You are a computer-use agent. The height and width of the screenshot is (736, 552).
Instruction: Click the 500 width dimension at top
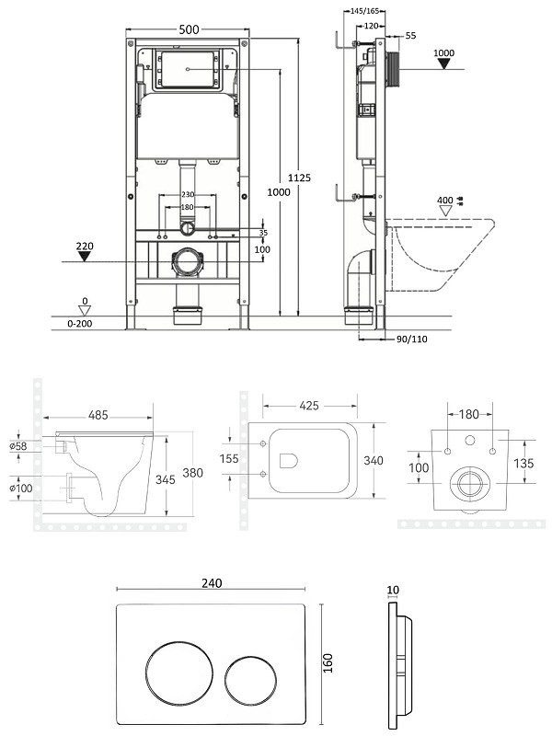[190, 29]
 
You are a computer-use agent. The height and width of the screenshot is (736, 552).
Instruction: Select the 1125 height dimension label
[299, 178]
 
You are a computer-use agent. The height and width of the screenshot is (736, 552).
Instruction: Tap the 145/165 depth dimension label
[364, 11]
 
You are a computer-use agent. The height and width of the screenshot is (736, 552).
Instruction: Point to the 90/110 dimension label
[411, 339]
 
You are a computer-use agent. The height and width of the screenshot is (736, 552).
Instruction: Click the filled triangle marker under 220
[85, 257]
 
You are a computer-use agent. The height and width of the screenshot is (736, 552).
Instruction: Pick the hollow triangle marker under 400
[445, 211]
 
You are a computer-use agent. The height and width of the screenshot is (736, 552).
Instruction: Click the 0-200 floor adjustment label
[80, 324]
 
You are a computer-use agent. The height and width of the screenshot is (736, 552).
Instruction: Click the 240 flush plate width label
[212, 583]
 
